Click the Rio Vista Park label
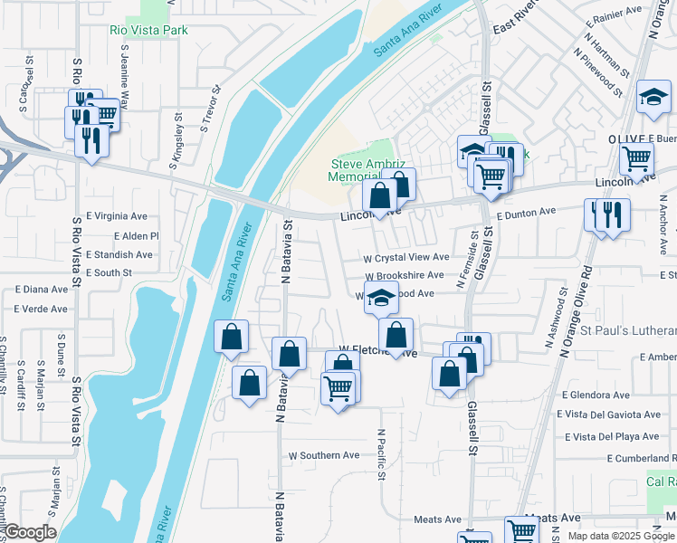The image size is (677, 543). (x=148, y=30)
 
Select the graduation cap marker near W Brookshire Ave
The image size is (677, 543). (x=382, y=297)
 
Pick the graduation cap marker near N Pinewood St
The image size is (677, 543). (x=653, y=97)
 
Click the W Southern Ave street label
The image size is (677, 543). (x=324, y=455)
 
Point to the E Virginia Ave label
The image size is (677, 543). (x=117, y=216)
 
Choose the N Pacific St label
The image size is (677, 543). (x=383, y=454)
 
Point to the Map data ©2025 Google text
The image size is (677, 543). (x=622, y=536)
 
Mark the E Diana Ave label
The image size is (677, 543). (x=42, y=290)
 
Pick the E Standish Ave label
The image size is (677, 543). (x=119, y=255)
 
